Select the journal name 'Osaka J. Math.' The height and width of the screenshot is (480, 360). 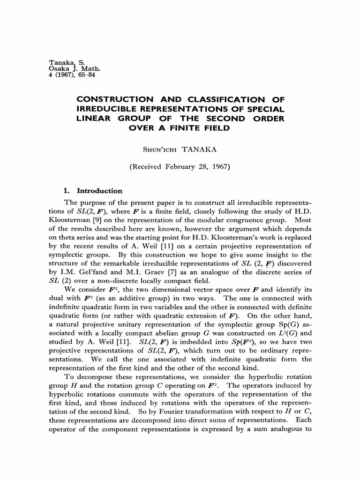coord(71,69)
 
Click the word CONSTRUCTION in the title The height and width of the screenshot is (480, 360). coord(115,99)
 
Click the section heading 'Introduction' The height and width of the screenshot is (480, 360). coord(99,191)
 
